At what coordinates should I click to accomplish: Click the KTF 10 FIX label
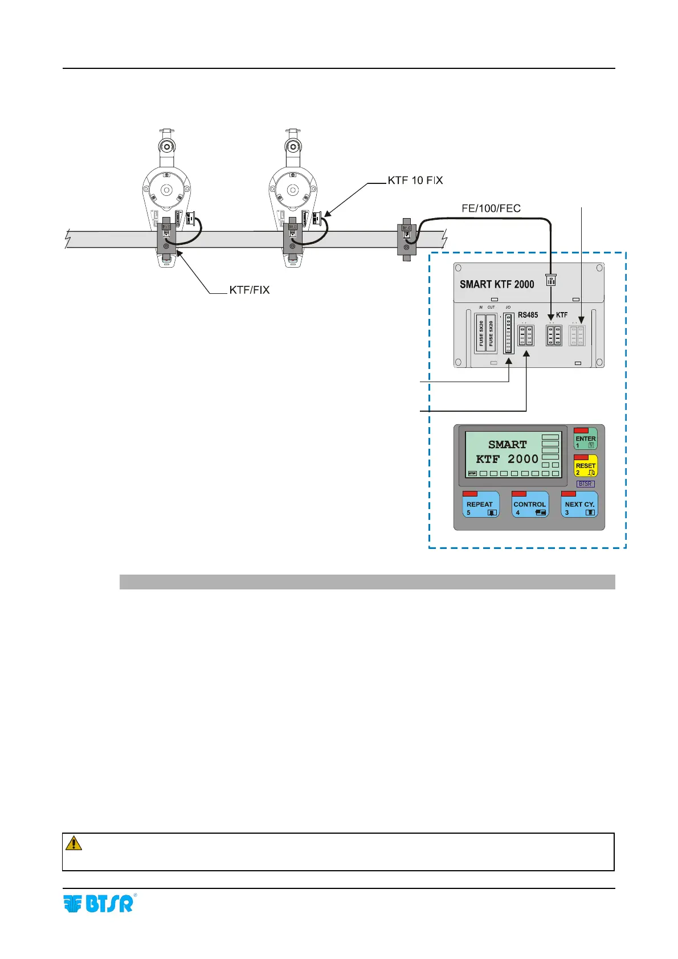click(415, 181)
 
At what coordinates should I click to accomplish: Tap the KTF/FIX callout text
click(249, 290)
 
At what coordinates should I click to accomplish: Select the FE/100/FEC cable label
click(491, 208)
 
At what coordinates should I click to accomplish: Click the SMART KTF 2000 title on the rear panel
click(497, 284)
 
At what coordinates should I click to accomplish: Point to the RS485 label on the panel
click(528, 315)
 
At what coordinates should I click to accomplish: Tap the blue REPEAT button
click(481, 505)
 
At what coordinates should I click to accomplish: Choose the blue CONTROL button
click(530, 505)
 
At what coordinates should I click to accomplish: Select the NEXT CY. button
click(579, 505)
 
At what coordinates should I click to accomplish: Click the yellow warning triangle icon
click(74, 843)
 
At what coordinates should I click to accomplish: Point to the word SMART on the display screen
click(507, 445)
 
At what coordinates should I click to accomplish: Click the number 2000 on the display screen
click(523, 459)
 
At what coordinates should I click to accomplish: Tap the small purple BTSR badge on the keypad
click(585, 484)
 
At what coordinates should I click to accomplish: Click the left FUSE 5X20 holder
click(481, 333)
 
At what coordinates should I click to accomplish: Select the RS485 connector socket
click(525, 335)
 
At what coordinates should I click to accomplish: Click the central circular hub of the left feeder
click(166, 190)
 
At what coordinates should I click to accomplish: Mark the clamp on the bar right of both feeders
click(407, 240)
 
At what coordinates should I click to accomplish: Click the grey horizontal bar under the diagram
click(367, 581)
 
